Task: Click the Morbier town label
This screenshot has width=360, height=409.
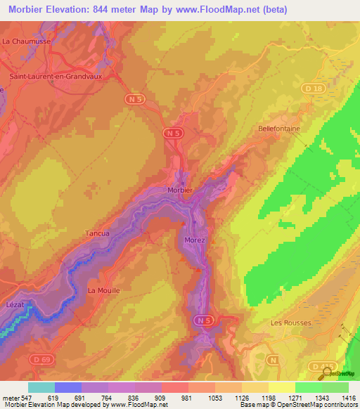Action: [x=180, y=190]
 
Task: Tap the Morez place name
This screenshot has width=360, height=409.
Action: [x=195, y=240]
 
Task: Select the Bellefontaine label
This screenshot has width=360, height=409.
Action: [x=279, y=129]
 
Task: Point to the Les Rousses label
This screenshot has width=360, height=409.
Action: [x=290, y=323]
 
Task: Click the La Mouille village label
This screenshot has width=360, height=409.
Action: [x=104, y=290]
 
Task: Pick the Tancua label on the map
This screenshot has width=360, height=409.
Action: [x=97, y=233]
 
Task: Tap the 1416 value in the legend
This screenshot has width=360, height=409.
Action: [x=347, y=397]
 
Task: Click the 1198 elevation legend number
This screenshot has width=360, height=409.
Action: [x=267, y=397]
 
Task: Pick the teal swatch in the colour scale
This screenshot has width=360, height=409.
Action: [x=41, y=387]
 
